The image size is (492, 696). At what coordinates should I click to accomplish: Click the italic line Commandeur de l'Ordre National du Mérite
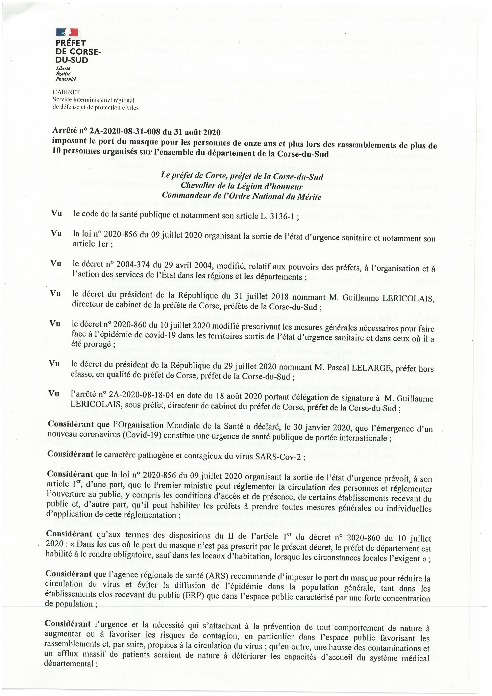point(241,196)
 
